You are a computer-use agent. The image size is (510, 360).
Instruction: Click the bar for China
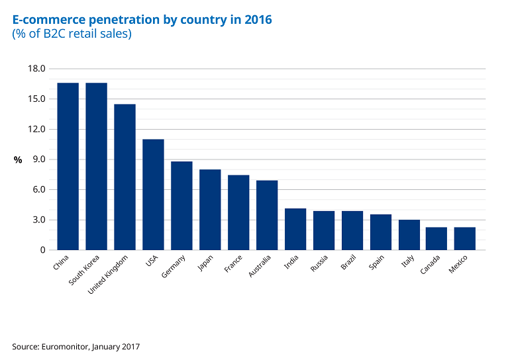pyautogui.click(x=68, y=166)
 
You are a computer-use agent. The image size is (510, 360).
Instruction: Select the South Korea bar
pyautogui.click(x=97, y=166)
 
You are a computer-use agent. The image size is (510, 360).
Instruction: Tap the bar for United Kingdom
pyautogui.click(x=125, y=177)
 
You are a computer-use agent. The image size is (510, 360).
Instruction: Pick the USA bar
pyautogui.click(x=154, y=195)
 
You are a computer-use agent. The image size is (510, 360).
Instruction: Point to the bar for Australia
pyautogui.click(x=267, y=215)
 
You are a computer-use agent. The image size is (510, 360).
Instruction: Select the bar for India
pyautogui.click(x=295, y=229)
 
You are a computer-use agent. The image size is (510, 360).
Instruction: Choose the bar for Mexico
pyautogui.click(x=465, y=238)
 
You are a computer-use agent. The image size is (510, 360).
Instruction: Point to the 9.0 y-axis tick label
pyautogui.click(x=38, y=159)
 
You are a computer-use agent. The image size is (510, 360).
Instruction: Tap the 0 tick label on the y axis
pyautogui.click(x=42, y=250)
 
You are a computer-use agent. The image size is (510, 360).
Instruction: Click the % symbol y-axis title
pyautogui.click(x=18, y=160)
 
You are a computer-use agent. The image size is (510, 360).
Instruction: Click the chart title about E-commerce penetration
pyautogui.click(x=142, y=20)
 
